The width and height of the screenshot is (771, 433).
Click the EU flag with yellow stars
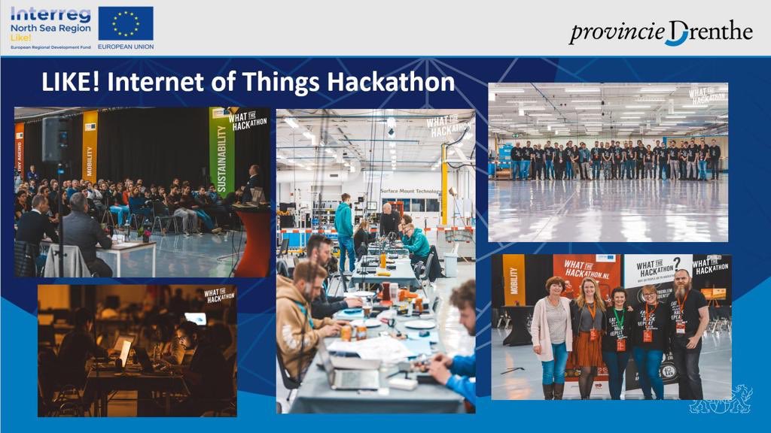pyautogui.click(x=126, y=23)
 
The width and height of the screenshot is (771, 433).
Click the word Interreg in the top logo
pyautogui.click(x=50, y=14)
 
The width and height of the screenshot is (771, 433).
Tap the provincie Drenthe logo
pyautogui.click(x=660, y=32)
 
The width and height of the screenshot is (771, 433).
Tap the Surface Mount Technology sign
pyautogui.click(x=410, y=191)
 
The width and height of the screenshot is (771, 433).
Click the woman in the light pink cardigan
pyautogui.click(x=552, y=335)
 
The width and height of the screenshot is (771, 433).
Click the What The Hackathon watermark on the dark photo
pyautogui.click(x=219, y=295)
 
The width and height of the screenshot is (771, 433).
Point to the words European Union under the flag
pyautogui.click(x=125, y=47)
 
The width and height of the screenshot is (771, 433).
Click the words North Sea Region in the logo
pyautogui.click(x=50, y=28)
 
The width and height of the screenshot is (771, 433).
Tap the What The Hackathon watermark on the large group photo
pyautogui.click(x=707, y=95)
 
